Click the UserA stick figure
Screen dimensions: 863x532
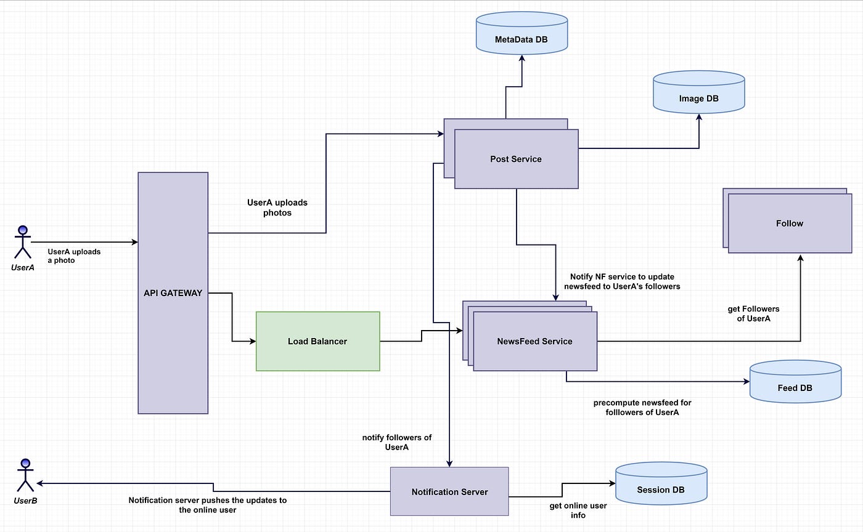(x=23, y=242)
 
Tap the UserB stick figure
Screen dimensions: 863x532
(x=25, y=475)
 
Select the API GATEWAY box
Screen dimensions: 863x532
(x=173, y=293)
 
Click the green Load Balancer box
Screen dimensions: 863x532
(x=318, y=341)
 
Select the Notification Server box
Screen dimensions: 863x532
(x=449, y=491)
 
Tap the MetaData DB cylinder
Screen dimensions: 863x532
(x=521, y=33)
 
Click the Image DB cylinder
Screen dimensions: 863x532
(x=699, y=92)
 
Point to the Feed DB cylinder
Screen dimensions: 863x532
(x=795, y=382)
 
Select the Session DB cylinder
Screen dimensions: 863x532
(x=661, y=483)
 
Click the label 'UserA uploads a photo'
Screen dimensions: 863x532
(x=74, y=256)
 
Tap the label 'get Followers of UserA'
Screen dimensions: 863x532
(x=753, y=314)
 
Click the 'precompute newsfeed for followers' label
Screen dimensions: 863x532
(x=642, y=407)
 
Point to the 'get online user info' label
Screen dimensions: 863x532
(x=578, y=510)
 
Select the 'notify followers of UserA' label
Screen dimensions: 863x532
(x=397, y=442)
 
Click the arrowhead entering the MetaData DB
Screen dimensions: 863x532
(x=522, y=58)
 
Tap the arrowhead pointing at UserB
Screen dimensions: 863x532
(x=39, y=483)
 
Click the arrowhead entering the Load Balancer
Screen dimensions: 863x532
(x=253, y=341)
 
